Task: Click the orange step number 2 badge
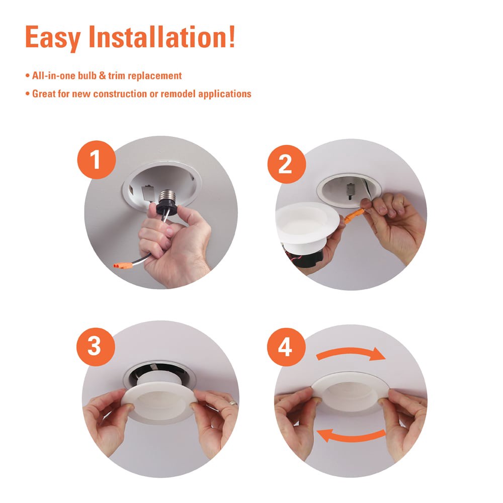[285, 163]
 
